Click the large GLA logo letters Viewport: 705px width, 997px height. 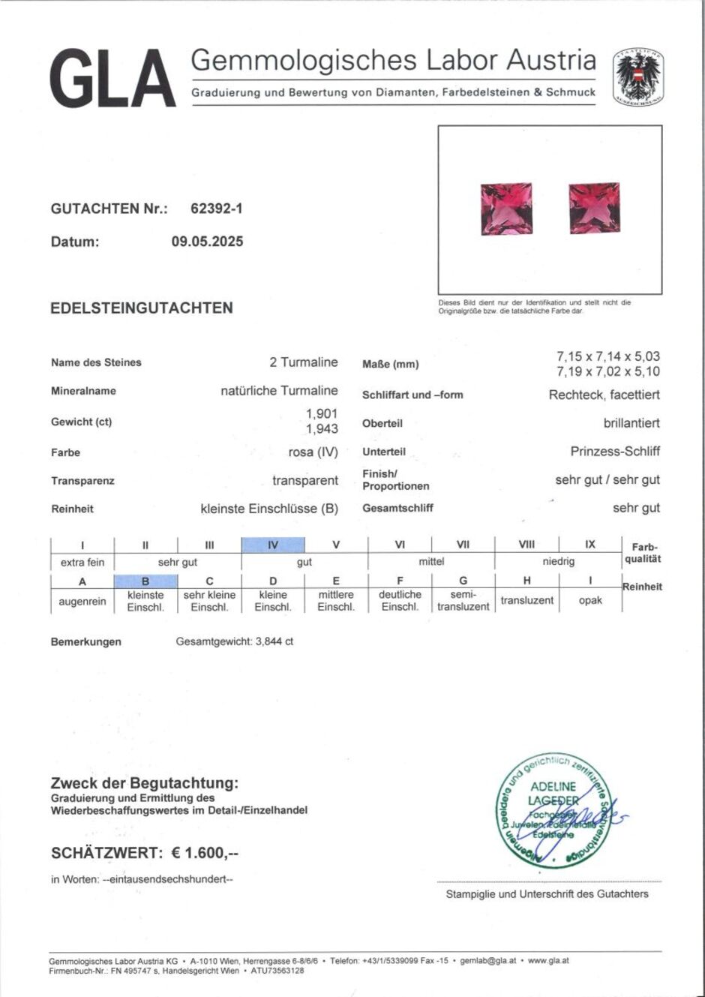click(x=112, y=79)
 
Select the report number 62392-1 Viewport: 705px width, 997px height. click(x=217, y=209)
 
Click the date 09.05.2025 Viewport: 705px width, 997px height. click(x=207, y=242)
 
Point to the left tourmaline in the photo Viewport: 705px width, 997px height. click(x=506, y=209)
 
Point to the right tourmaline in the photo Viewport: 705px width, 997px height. click(x=594, y=208)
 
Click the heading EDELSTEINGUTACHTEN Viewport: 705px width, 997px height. click(x=142, y=308)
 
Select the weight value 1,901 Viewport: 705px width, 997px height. click(x=322, y=413)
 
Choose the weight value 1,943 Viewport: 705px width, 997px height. click(x=322, y=429)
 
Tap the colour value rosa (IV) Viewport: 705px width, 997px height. click(x=313, y=452)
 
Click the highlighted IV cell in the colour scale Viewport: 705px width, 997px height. click(x=272, y=545)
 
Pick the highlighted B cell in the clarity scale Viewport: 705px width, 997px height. click(x=145, y=581)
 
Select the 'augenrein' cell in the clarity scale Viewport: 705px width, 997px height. click(x=82, y=601)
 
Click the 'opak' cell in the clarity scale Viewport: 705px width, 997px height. click(x=590, y=600)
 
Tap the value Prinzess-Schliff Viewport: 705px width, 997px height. click(x=615, y=452)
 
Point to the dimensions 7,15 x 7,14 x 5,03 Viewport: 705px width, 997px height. click(x=608, y=356)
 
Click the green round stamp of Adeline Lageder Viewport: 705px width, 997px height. click(x=553, y=810)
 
